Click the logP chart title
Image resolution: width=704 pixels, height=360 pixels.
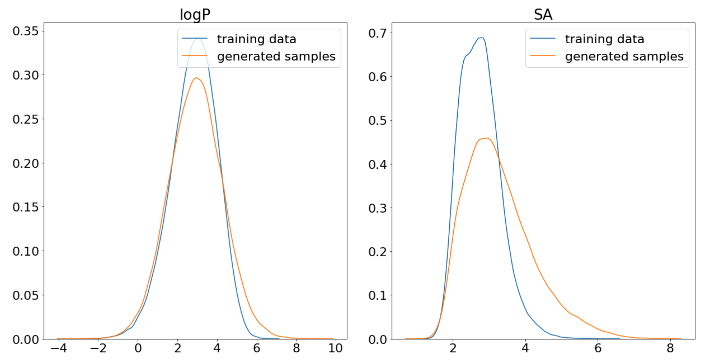195,14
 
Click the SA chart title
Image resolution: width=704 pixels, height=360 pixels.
543,14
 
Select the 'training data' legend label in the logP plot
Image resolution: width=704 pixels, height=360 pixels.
256,39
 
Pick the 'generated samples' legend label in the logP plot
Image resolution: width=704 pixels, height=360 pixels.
276,56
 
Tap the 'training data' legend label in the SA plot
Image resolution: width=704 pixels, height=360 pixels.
604,39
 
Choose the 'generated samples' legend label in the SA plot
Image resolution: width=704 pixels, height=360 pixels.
624,56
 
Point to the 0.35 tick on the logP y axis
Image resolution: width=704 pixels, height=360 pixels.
25,31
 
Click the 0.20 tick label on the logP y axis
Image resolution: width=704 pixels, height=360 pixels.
25,163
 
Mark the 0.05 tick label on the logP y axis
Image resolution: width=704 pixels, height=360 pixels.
25,295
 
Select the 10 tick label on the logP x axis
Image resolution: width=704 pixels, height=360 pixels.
335,348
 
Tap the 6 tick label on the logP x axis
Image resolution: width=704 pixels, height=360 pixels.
256,348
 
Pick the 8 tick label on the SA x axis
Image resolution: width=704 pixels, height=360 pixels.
670,348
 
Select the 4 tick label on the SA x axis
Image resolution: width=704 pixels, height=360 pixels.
525,348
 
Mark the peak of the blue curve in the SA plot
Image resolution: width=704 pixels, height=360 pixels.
481,38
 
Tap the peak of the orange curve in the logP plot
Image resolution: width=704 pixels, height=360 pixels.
196,78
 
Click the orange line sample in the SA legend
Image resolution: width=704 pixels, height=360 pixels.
543,56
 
